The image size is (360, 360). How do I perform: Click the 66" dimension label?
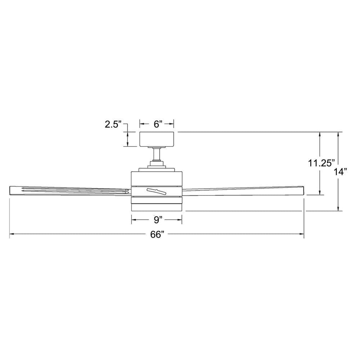tap(157, 235)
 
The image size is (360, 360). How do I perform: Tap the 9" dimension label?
tap(156, 219)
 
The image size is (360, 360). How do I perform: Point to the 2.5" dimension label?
tap(113, 125)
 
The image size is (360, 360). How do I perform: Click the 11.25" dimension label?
tap(321, 163)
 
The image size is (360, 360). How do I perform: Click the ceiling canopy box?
tap(157, 139)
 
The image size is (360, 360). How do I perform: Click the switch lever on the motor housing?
tap(156, 191)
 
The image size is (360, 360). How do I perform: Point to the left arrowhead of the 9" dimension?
tap(133, 219)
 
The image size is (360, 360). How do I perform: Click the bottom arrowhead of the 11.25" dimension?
tap(320, 193)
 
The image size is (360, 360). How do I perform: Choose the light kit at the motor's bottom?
tap(157, 207)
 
